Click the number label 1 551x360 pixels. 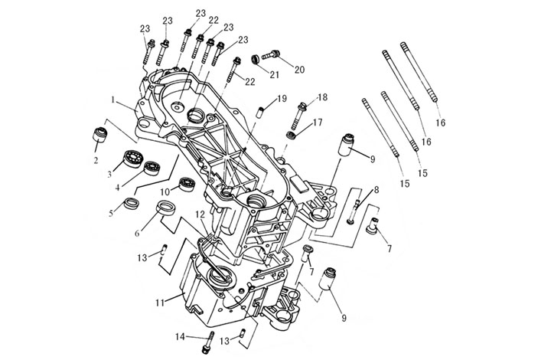pyautogui.click(x=112, y=100)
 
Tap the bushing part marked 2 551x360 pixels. pyautogui.click(x=98, y=136)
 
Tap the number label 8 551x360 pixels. pyautogui.click(x=376, y=189)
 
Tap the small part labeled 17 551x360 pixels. pyautogui.click(x=291, y=135)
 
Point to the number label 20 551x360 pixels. pyautogui.click(x=299, y=70)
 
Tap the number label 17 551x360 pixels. pyautogui.click(x=317, y=122)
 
